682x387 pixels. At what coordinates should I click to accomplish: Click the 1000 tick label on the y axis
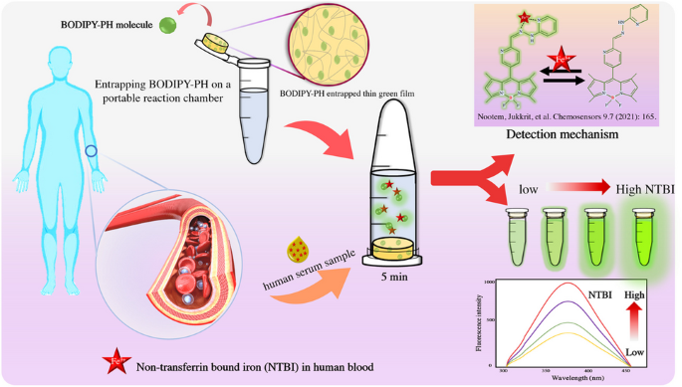click(x=489, y=284)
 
